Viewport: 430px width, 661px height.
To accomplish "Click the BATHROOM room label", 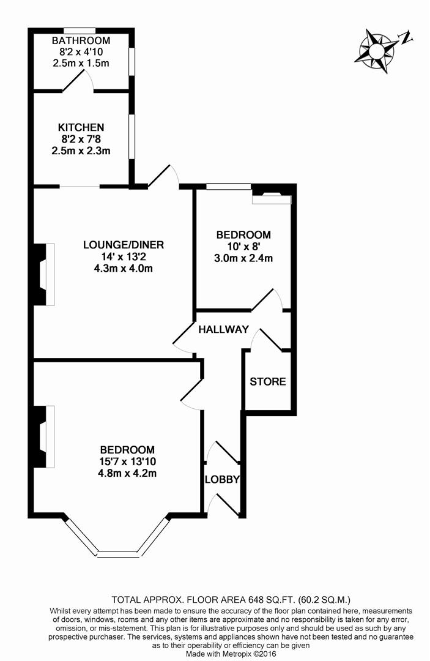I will (x=81, y=41).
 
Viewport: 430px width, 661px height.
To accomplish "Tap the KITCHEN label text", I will (x=81, y=127).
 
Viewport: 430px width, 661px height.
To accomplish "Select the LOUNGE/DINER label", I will (x=124, y=245).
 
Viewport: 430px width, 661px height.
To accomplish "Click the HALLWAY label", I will (x=223, y=329).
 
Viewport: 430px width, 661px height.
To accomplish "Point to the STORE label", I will (x=267, y=382).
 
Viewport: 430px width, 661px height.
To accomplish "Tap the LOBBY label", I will (x=222, y=480).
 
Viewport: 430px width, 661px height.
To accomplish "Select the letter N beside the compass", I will (x=406, y=38).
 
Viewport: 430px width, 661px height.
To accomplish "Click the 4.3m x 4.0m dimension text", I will (x=124, y=268).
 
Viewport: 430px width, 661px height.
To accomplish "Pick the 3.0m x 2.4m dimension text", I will (x=243, y=258).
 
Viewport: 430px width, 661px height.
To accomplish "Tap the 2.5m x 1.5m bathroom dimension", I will (x=81, y=63).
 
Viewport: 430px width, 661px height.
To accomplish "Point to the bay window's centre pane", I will (x=118, y=554).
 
